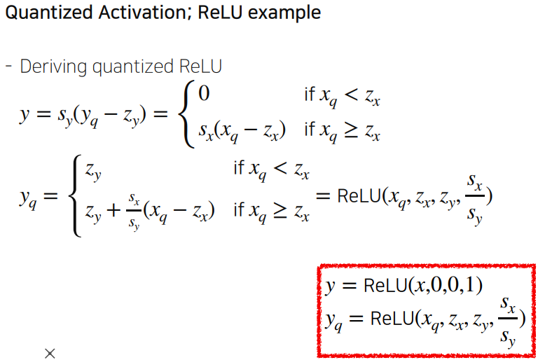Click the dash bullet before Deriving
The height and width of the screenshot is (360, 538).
click(x=9, y=67)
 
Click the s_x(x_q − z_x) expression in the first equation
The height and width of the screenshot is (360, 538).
click(x=242, y=131)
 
